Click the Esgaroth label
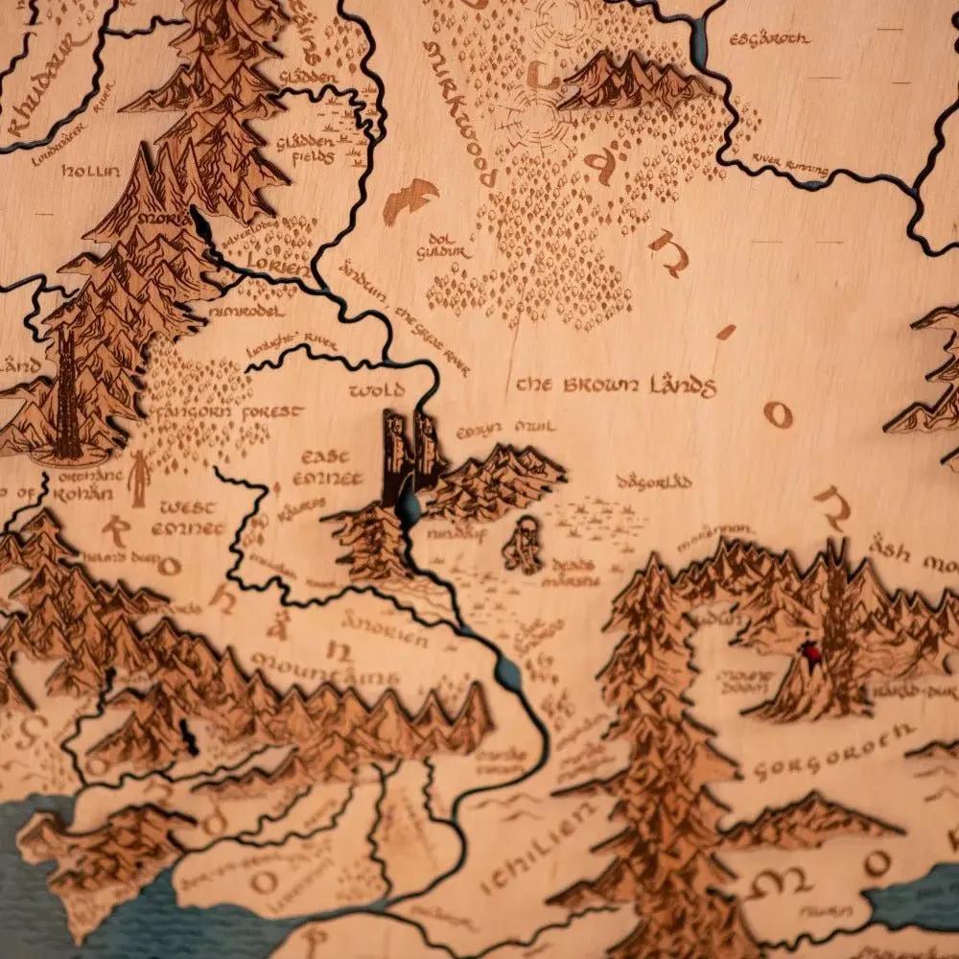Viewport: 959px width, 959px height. [769, 39]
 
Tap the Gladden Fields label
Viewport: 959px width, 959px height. [306, 149]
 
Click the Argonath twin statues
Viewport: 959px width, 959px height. [412, 451]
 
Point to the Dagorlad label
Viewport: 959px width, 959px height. [655, 482]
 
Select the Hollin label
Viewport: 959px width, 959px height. [91, 172]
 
